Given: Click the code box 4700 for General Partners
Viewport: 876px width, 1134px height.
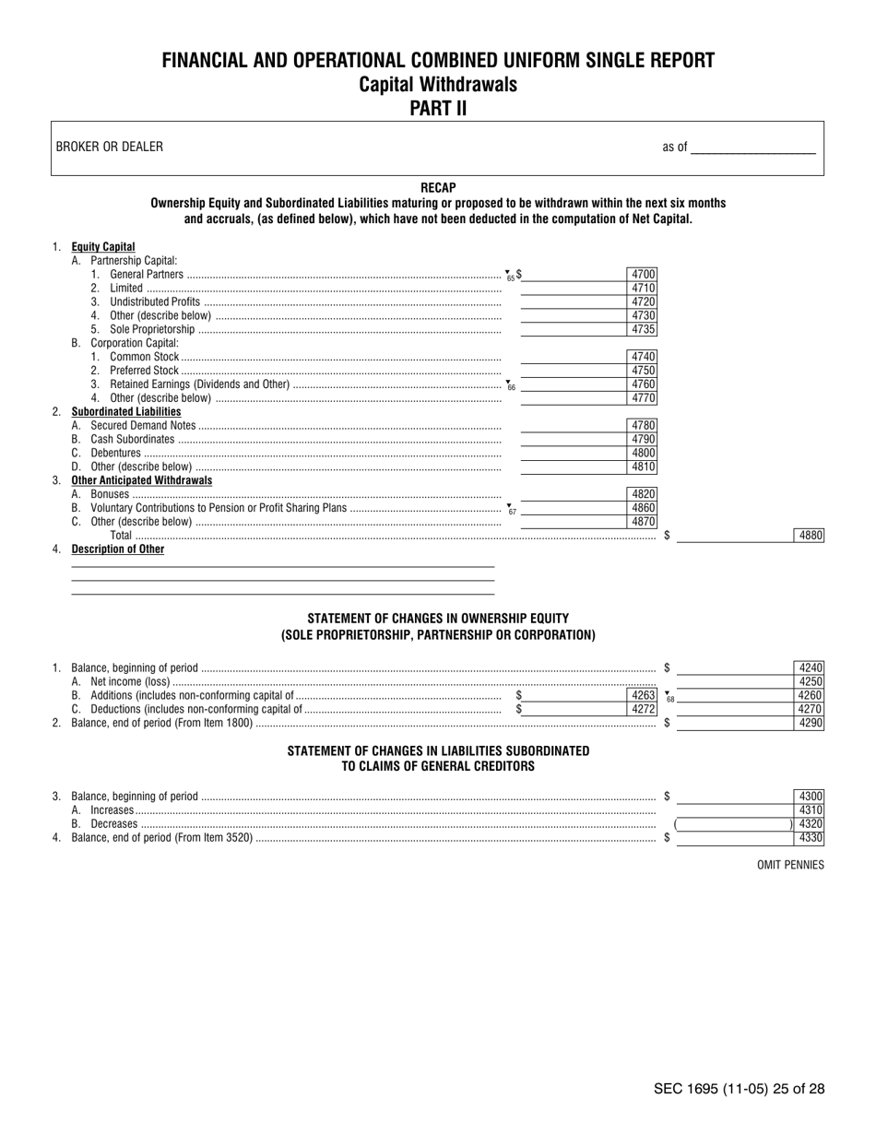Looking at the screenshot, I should [643, 274].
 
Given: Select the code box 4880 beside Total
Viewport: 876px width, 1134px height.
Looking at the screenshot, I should [810, 536].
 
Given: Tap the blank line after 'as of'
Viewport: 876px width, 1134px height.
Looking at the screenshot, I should [752, 148].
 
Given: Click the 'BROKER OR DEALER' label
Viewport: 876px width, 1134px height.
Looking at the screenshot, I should [110, 147].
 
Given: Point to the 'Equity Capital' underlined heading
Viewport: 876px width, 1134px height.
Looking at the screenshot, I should [103, 247].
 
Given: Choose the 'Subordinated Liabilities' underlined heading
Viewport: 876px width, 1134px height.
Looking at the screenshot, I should [126, 411].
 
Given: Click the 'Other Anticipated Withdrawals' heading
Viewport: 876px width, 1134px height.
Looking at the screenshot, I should [142, 480].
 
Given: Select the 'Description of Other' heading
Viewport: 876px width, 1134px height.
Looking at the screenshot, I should [118, 549].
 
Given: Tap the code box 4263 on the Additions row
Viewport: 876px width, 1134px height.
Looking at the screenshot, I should [643, 695].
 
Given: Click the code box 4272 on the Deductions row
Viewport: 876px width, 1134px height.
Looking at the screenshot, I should [643, 709].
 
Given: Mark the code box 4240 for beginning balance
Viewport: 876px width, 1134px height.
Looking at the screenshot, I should [810, 667].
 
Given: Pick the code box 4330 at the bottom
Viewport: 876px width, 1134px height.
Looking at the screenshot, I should [810, 838].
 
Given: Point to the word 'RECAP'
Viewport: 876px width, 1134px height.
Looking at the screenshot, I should [438, 187].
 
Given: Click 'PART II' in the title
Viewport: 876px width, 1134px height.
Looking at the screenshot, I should [438, 108].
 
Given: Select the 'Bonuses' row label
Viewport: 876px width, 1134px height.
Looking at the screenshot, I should [110, 494].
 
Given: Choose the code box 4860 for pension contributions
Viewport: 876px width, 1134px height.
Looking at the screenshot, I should [643, 508].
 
